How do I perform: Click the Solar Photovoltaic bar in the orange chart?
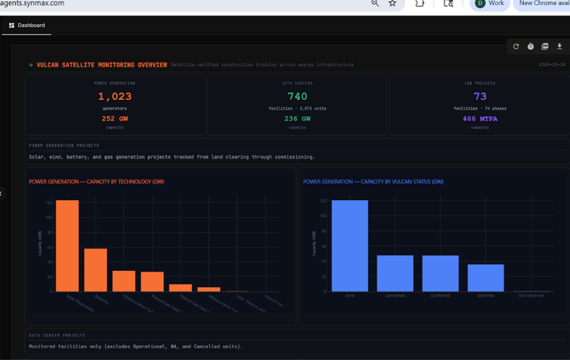(x=67, y=246)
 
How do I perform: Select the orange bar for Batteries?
(x=96, y=270)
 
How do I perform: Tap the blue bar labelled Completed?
(x=395, y=273)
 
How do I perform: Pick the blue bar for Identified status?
(x=485, y=278)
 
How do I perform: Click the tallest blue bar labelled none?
(x=350, y=246)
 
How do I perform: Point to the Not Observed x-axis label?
(x=531, y=296)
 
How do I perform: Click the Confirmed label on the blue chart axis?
(x=440, y=296)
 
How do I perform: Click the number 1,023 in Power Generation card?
(x=115, y=96)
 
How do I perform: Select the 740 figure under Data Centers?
(x=297, y=96)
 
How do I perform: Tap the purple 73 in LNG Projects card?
(x=480, y=96)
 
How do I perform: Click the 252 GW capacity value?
(x=115, y=118)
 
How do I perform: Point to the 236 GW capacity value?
(x=297, y=118)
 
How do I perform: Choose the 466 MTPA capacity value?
(x=480, y=118)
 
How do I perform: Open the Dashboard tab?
(x=27, y=26)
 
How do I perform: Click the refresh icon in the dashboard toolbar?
(x=516, y=47)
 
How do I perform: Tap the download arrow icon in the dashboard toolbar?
(x=560, y=47)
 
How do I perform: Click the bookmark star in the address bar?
(x=393, y=4)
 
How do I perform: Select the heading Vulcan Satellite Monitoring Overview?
(x=101, y=65)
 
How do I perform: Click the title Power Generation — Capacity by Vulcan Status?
(x=373, y=182)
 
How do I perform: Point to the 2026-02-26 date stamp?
(x=552, y=65)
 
